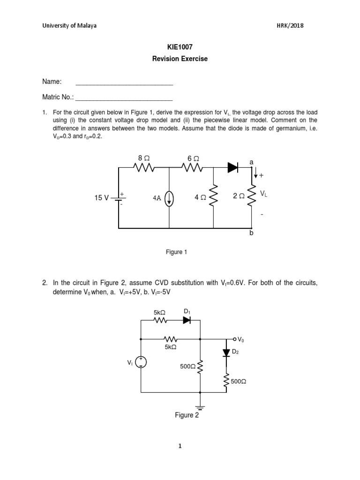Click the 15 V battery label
[101, 198]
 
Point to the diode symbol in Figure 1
[233, 167]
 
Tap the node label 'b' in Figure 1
[251, 233]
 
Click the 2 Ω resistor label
[238, 197]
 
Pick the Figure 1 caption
[177, 252]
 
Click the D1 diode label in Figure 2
[187, 311]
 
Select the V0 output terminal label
[240, 339]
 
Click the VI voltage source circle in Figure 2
[141, 362]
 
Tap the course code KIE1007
[180, 47]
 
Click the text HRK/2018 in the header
[290, 26]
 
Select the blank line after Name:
[124, 83]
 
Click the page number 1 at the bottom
[180, 446]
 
